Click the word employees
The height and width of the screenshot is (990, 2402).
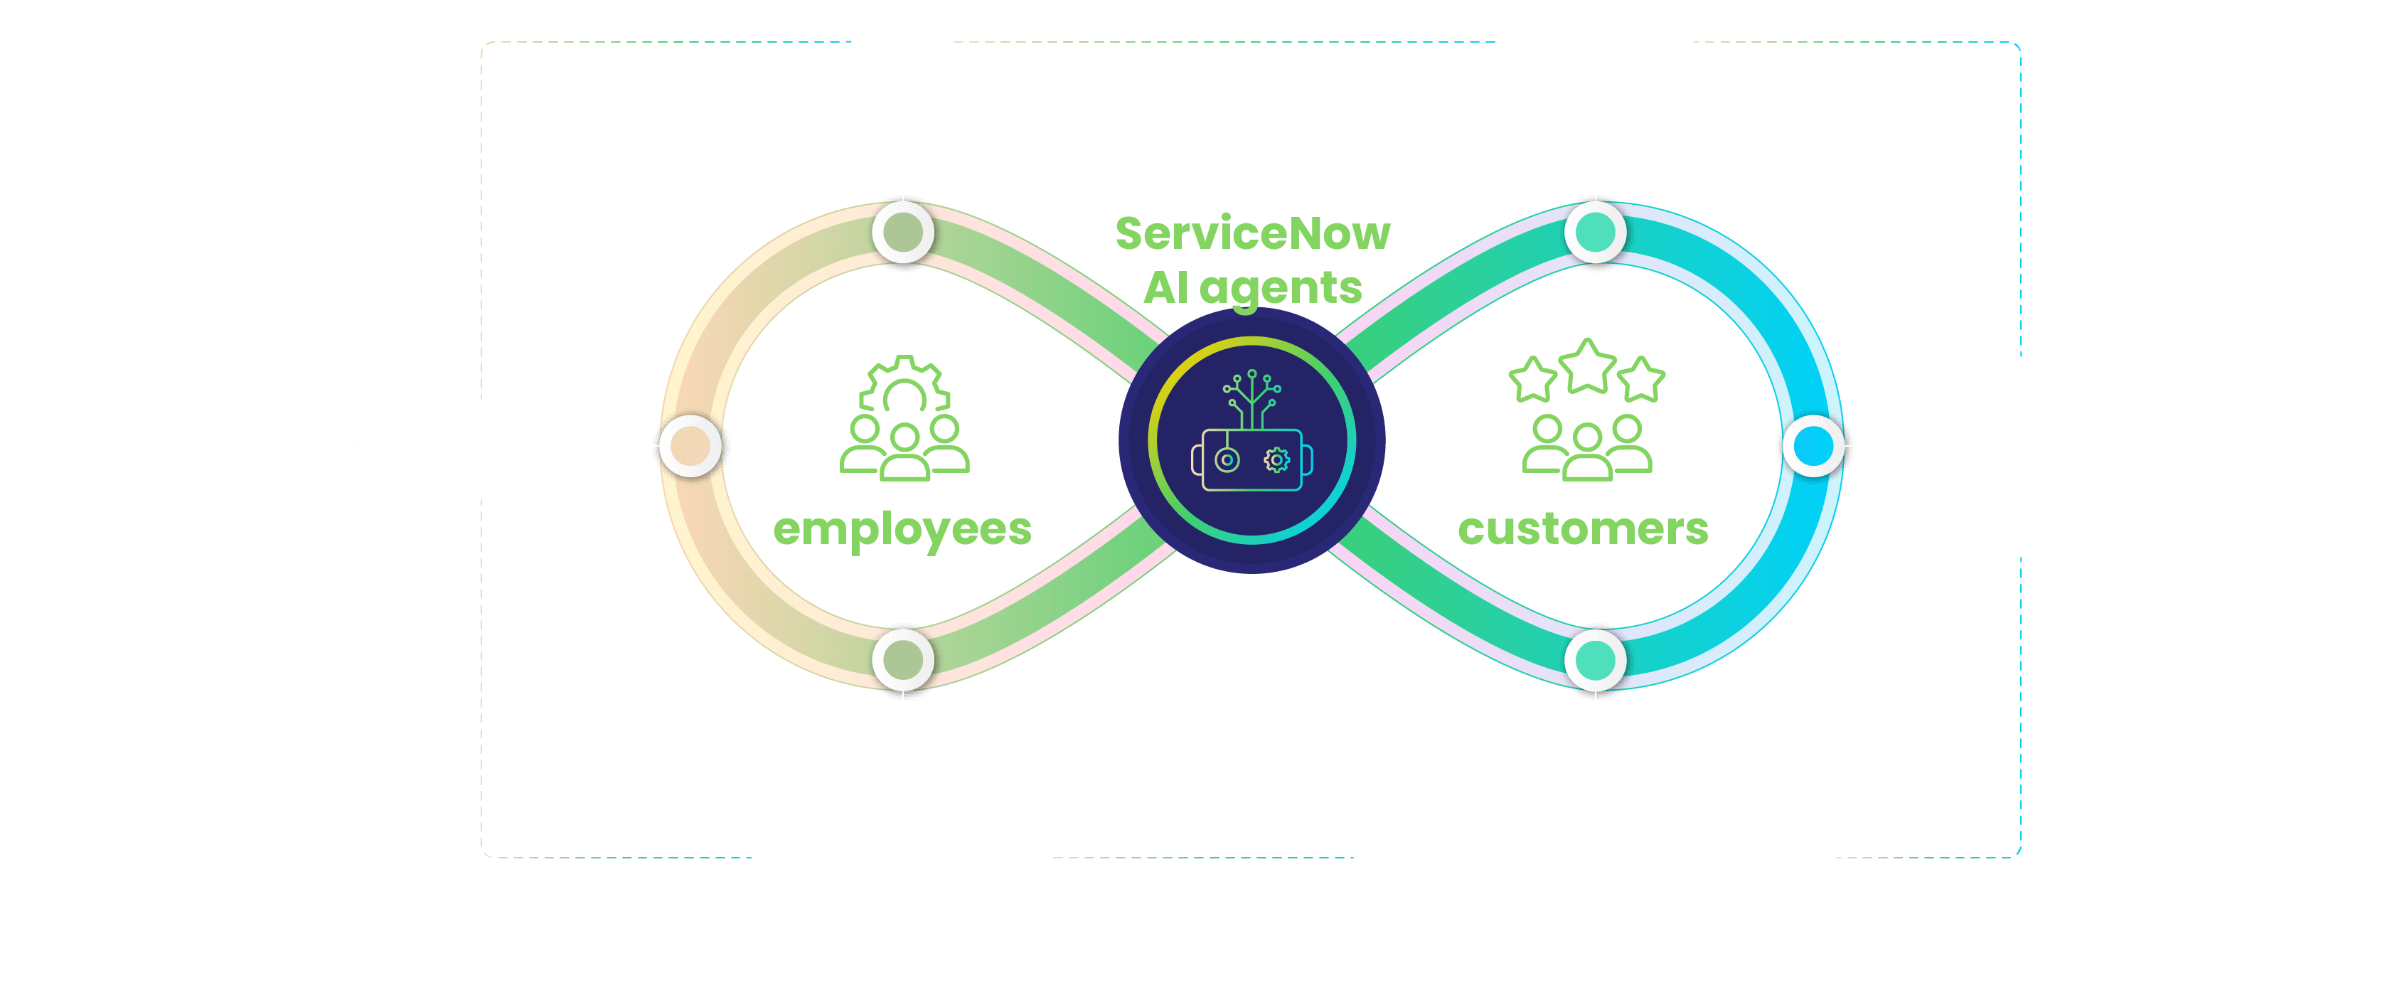(x=902, y=529)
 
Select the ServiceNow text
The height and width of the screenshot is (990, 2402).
(x=1252, y=233)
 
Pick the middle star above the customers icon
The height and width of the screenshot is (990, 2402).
(x=1587, y=366)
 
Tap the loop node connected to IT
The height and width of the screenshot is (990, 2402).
(x=902, y=232)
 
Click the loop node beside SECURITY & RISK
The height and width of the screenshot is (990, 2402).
(x=690, y=446)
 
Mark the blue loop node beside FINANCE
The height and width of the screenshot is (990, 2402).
(x=1813, y=446)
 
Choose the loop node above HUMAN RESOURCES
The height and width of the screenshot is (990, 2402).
(x=902, y=659)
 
